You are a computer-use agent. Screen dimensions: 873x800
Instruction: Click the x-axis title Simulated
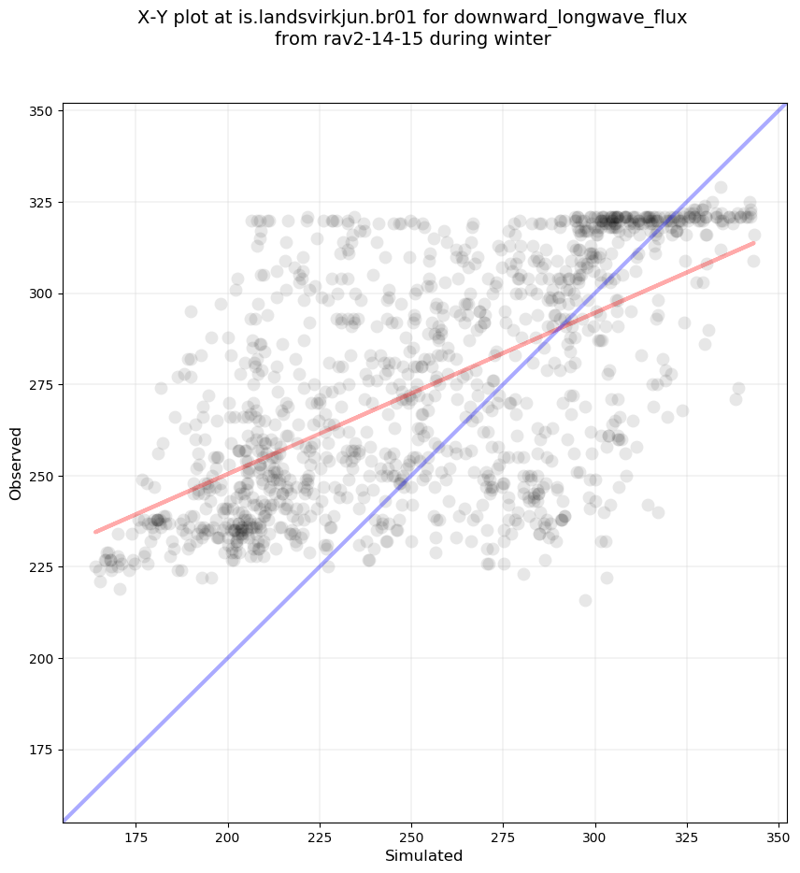tap(424, 855)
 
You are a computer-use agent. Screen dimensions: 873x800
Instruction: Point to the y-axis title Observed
tap(16, 464)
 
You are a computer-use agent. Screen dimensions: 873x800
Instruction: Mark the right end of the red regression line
tap(753, 243)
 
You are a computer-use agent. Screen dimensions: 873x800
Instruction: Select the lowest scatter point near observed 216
tap(585, 600)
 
